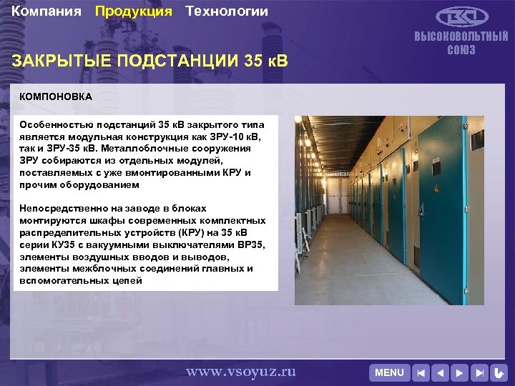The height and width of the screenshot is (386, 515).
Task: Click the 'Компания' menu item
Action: pos(46,11)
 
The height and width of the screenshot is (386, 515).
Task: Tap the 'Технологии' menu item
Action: pos(227,11)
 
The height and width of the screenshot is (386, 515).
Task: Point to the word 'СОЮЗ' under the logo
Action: pos(461,50)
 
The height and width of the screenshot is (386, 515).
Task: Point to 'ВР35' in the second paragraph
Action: pos(251,244)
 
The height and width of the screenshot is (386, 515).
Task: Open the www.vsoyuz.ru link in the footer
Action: pos(240,372)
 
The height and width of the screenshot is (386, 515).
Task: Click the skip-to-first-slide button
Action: pos(422,372)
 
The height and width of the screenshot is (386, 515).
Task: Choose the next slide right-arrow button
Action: pos(461,372)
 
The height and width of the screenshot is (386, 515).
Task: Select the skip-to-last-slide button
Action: pos(480,372)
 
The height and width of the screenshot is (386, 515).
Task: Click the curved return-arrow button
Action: pos(499,372)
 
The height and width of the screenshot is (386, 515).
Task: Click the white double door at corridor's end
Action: pos(343,193)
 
